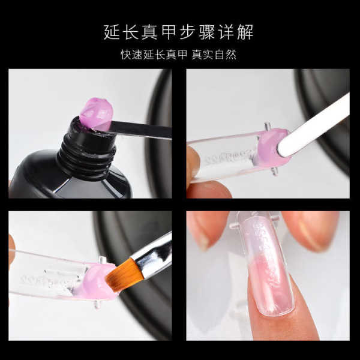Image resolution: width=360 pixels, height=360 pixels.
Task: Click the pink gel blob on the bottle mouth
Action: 97,113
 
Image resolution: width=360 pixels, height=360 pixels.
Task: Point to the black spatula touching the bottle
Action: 140,130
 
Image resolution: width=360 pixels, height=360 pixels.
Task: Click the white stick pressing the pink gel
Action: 313,125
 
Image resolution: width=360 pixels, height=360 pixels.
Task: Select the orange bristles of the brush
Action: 122,274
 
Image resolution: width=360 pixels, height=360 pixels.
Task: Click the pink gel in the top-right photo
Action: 271,147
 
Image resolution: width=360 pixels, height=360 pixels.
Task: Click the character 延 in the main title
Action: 112,32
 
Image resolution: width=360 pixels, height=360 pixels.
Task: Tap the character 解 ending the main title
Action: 245,32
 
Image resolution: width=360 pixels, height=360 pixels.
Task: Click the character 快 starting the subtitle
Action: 126,55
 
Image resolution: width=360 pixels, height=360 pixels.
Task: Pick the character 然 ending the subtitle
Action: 231,55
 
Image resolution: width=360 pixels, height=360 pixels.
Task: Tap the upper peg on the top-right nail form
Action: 268,126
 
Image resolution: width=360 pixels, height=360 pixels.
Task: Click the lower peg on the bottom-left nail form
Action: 97,304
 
